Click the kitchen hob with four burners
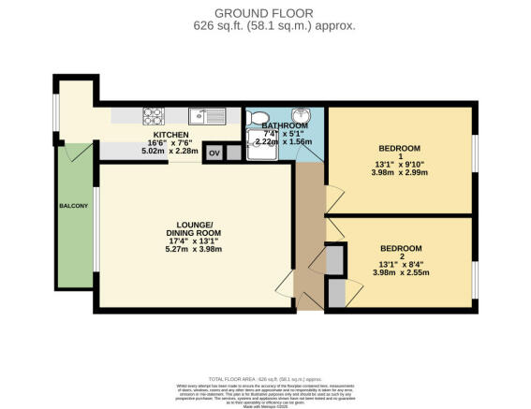tap(154, 116)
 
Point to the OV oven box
tap(213, 152)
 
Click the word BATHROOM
tap(285, 126)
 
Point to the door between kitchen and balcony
tap(81, 151)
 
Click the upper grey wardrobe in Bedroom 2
tap(334, 258)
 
